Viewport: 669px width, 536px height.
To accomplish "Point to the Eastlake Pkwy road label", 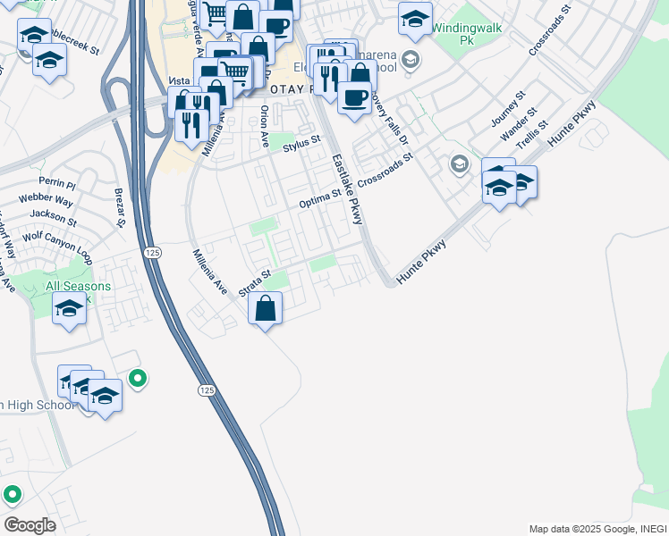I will click(347, 190).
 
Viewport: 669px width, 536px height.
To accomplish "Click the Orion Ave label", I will click(264, 126).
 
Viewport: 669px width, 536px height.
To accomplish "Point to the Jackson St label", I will click(53, 216).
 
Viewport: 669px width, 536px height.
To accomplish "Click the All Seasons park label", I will click(79, 287).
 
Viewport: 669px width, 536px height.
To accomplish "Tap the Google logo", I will click(30, 524).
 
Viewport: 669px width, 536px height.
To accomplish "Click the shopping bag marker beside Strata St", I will click(266, 310).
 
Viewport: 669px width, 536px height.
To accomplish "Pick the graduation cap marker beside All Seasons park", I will click(68, 310).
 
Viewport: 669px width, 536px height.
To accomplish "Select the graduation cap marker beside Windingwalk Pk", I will click(415, 20).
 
